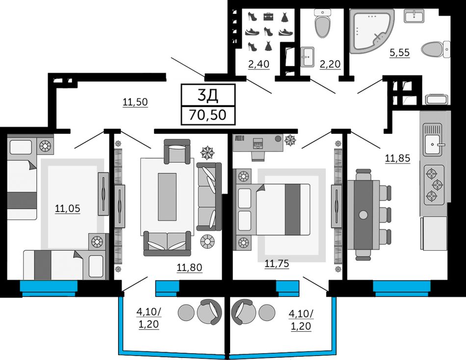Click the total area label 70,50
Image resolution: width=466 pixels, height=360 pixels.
pos(208,115)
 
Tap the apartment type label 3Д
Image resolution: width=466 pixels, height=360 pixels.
pos(208,95)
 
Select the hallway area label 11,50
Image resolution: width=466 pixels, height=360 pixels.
pos(135,102)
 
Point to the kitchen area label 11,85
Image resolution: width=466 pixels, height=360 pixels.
pos(398,158)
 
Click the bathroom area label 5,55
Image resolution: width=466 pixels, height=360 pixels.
pos(399,52)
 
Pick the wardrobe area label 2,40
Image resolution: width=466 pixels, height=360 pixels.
pos(259,64)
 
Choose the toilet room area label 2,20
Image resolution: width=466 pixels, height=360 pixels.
pos(330,64)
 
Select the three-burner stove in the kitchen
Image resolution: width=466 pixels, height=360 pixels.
pos(434,185)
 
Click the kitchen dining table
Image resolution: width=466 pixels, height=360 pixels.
pos(363,214)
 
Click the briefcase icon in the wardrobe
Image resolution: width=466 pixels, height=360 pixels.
pos(268,17)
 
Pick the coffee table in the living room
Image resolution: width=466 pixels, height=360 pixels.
pos(167,197)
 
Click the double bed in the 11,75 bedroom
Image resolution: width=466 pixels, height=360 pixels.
pos(273,209)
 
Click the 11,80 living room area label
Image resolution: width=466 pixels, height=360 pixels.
pos(190,267)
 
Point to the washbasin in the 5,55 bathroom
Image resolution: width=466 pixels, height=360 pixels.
pos(414,16)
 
